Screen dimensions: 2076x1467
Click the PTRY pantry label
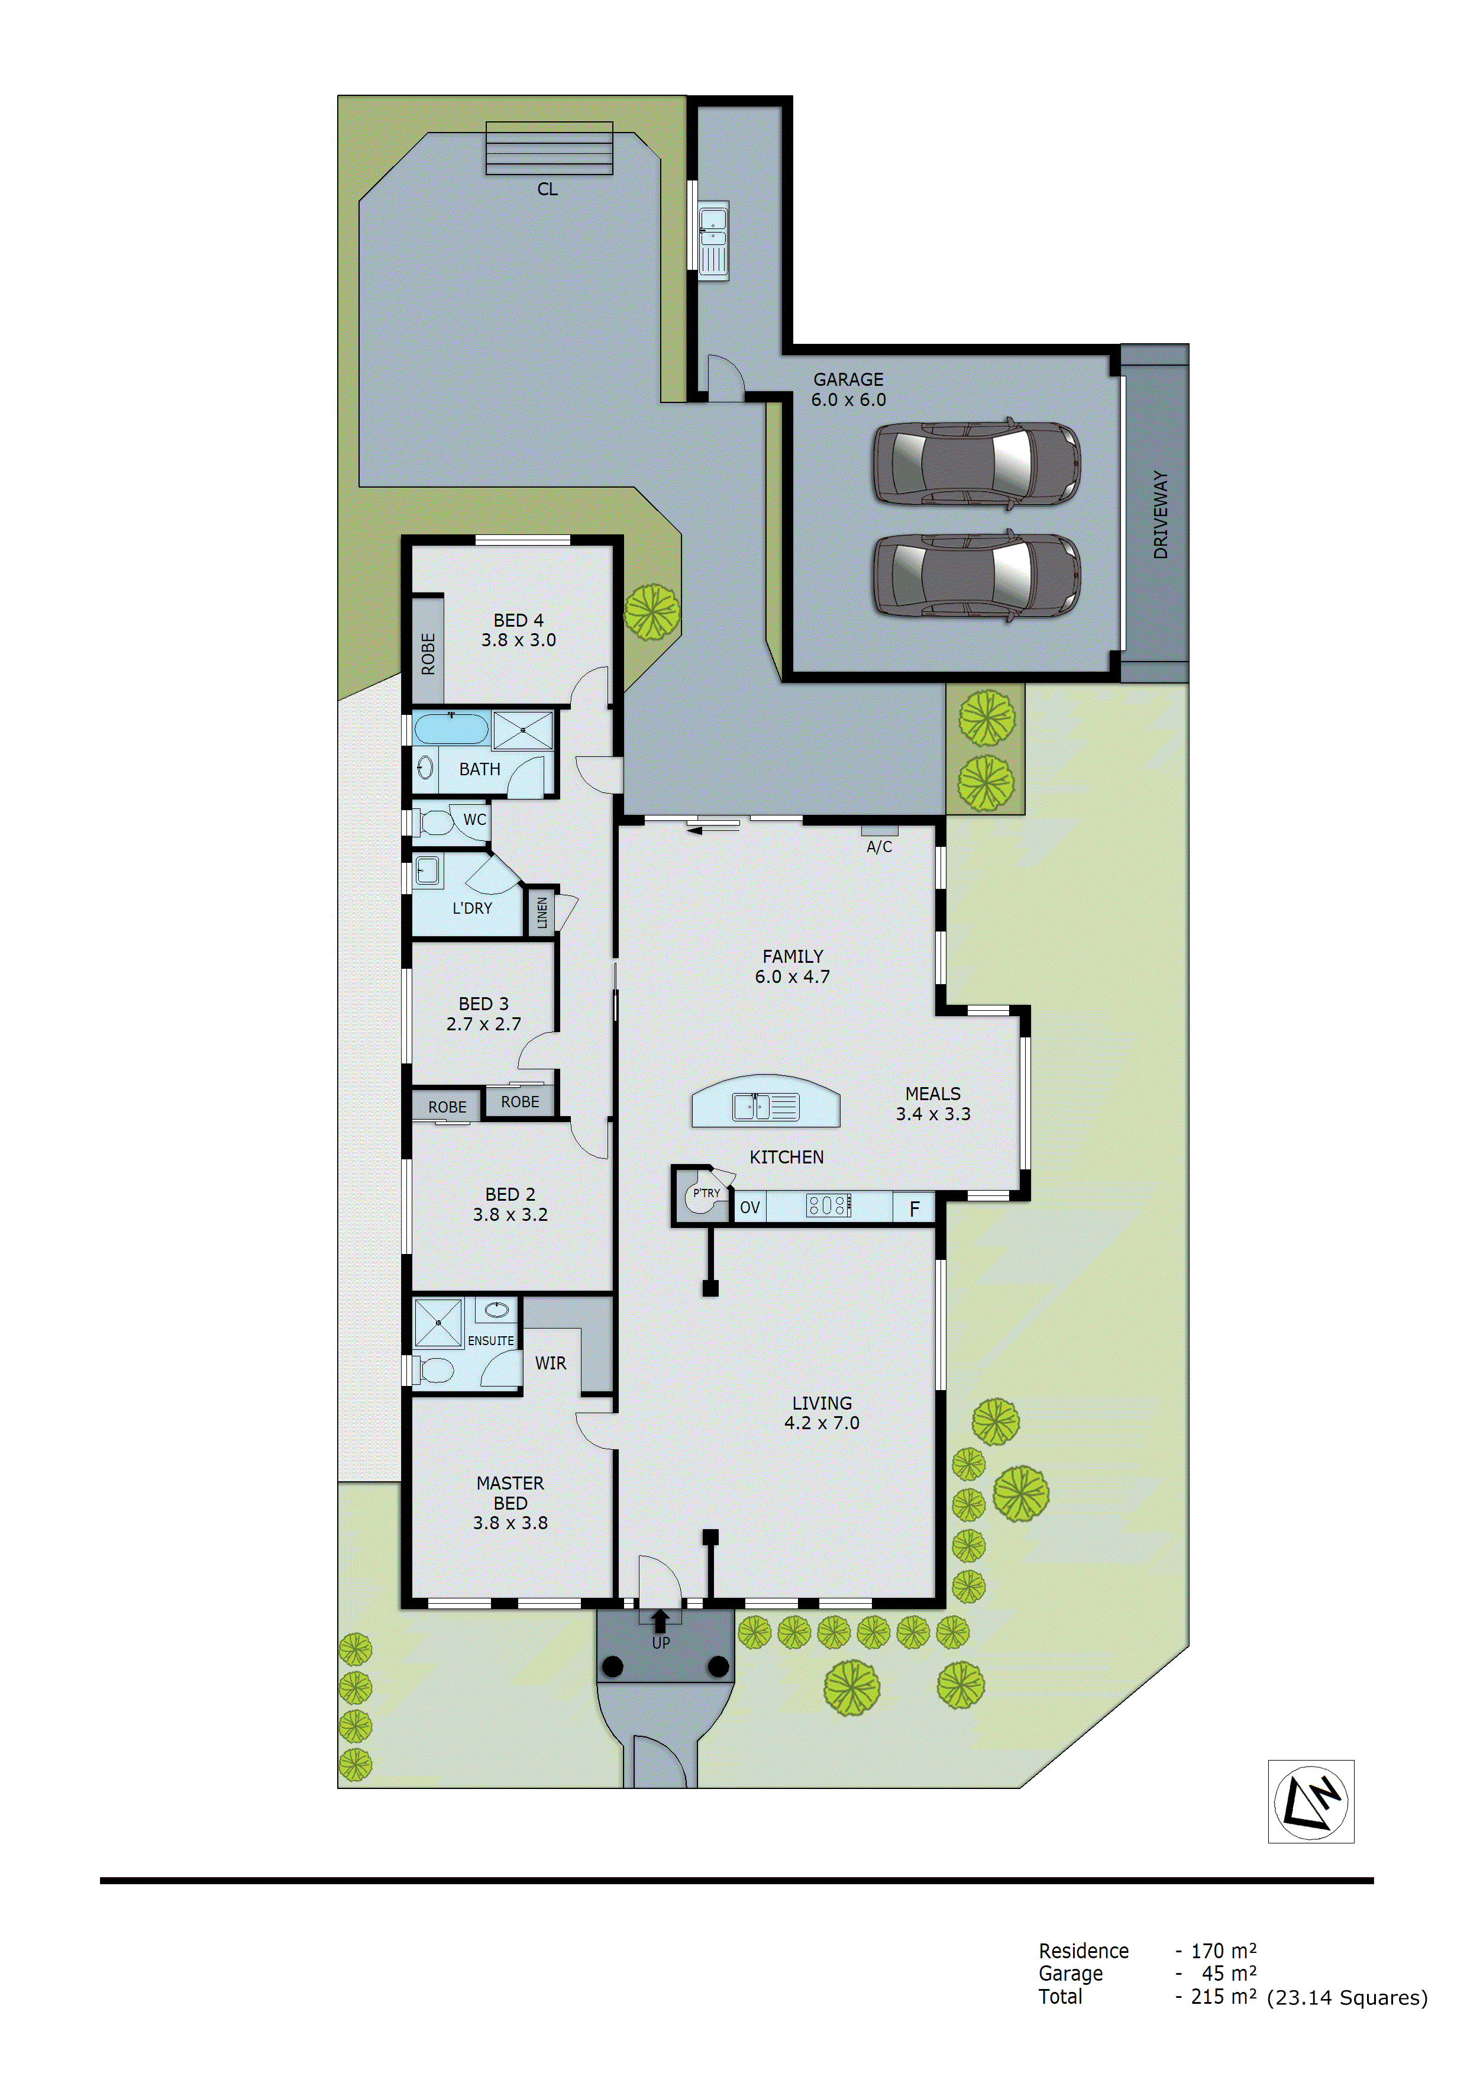click(x=706, y=1194)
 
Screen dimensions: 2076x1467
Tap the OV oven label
click(x=749, y=1207)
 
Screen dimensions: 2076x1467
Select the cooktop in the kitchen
click(x=828, y=1205)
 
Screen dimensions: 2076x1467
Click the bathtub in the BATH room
click(x=450, y=728)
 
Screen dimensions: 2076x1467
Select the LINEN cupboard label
click(x=541, y=913)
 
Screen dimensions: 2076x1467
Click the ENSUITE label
click(x=490, y=1341)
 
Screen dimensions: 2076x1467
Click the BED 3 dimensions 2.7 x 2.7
click(x=483, y=1024)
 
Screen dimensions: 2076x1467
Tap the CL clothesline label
click(x=547, y=189)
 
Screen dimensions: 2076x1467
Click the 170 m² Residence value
click(x=1223, y=1951)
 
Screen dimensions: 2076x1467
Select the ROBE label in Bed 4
click(x=428, y=653)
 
